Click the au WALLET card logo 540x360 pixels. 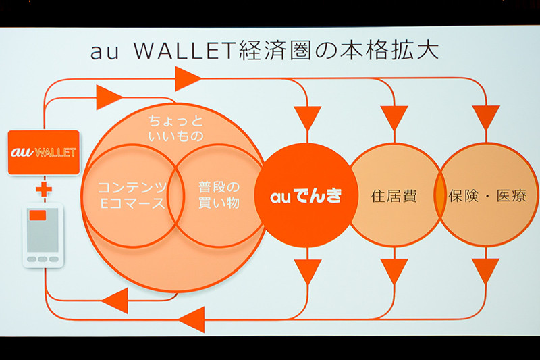click(x=44, y=152)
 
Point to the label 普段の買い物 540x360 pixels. click(x=219, y=194)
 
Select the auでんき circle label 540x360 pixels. click(x=305, y=197)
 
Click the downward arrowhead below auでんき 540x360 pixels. click(x=308, y=271)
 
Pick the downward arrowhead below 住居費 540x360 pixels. click(x=394, y=271)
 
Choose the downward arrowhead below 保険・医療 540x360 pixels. click(x=485, y=271)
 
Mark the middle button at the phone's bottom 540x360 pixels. click(x=43, y=259)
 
